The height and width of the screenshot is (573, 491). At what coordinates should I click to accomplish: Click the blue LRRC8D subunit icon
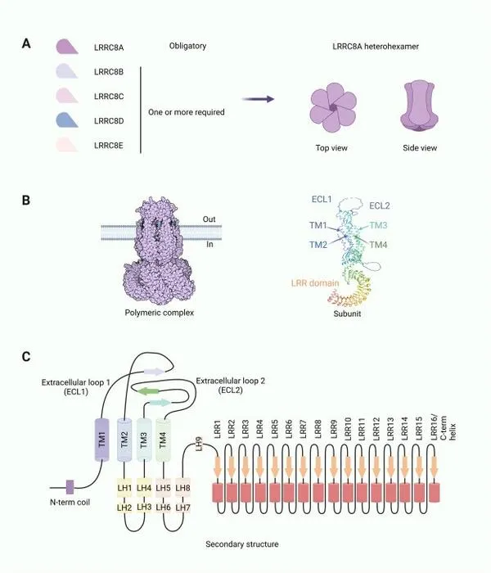pos(67,120)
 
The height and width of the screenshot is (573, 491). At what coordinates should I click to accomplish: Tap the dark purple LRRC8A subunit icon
pos(67,47)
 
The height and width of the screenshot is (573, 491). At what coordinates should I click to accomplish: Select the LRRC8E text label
pos(109,146)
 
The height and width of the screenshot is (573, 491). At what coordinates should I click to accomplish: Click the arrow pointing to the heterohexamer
pos(258,99)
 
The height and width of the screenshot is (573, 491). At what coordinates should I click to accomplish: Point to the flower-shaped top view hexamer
pos(333,107)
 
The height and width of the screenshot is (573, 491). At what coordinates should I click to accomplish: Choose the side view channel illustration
pos(419,106)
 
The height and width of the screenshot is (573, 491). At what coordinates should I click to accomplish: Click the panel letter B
pos(26,201)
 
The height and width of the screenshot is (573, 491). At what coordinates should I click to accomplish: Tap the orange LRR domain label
pos(315,283)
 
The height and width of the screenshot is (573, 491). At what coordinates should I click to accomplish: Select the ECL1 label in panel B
pos(322,199)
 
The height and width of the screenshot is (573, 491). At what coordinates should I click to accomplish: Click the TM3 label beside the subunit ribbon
pos(378,225)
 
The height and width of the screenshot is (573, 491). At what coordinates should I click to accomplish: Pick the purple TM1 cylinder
pos(102,440)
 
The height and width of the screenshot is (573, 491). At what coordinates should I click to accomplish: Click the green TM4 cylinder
pos(163,440)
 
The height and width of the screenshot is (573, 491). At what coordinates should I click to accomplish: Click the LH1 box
pos(124,488)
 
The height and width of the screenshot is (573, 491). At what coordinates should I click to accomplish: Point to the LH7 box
pos(182,508)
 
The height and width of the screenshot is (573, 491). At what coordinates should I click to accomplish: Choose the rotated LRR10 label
pos(348,428)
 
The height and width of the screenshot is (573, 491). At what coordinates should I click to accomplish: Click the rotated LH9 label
pos(199,444)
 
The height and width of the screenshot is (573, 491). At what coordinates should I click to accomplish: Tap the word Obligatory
pos(187,46)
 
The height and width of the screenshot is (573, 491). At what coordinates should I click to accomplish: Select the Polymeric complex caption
pos(160,313)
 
